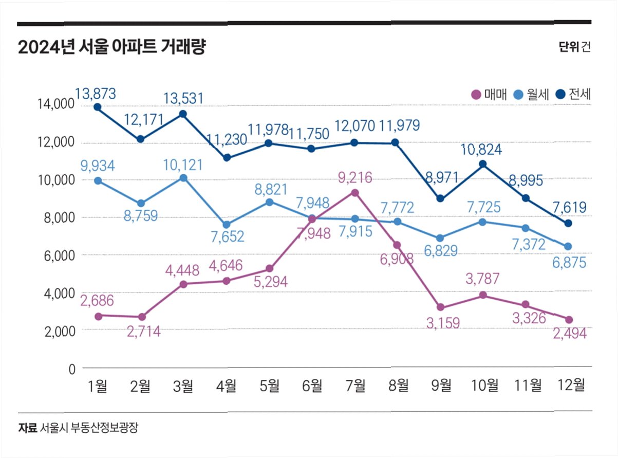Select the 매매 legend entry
click(x=489, y=94)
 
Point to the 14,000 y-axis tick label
click(x=56, y=105)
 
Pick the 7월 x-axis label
click(x=355, y=386)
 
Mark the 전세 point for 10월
click(x=482, y=164)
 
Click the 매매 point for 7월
click(x=355, y=193)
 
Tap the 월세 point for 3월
click(x=183, y=178)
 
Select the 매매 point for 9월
click(x=440, y=307)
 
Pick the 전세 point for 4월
click(x=227, y=158)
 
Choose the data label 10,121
click(x=183, y=166)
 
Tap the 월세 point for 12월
click(x=568, y=247)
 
